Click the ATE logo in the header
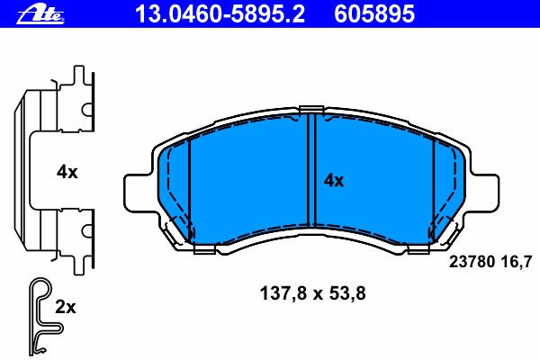[x=40, y=14]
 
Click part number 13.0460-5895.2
[x=220, y=13]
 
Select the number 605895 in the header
[x=374, y=13]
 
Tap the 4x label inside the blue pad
[x=333, y=181]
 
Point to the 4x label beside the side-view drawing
[x=67, y=172]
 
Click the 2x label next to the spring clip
[x=66, y=307]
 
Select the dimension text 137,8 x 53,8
[x=312, y=294]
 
